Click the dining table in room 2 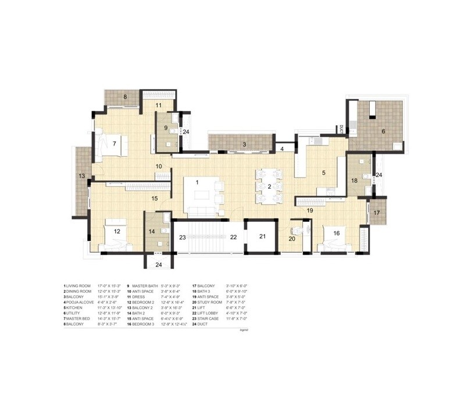(x=269, y=186)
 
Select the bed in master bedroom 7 (x=110, y=144)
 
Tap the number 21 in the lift (x=262, y=236)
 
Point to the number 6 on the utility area (x=383, y=132)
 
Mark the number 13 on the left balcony (x=82, y=176)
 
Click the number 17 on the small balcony (x=377, y=213)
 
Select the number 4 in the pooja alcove (x=282, y=149)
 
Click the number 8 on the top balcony (x=124, y=97)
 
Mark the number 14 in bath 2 (x=152, y=231)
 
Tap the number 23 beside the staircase (x=182, y=237)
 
